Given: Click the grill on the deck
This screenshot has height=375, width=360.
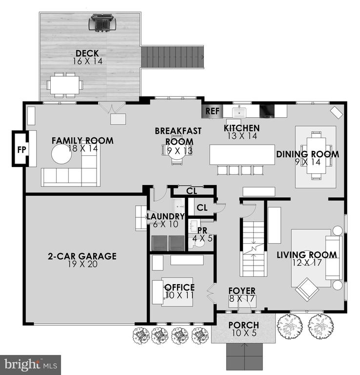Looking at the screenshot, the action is pos(102,23).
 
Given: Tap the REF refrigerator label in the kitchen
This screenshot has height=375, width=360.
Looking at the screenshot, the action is pos(212,111).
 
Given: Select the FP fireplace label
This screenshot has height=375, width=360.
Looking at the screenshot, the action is pos(22,150).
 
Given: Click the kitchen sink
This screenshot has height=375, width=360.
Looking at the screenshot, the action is pos(239,112).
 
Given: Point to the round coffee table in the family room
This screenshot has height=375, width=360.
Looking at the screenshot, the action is pos(61,154).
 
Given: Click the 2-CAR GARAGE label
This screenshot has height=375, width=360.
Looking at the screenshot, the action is pos(82,256).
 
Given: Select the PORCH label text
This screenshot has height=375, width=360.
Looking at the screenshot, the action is pos(244,325).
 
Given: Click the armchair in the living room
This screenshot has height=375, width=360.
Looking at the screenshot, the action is pos(307,289).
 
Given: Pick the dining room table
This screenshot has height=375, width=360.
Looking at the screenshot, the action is pos(316,155).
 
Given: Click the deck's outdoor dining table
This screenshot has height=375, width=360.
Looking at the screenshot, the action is pos(65,85).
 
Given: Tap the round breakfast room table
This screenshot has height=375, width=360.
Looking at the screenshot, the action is pos(177,150).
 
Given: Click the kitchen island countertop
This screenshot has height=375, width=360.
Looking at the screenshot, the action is pos(242,154).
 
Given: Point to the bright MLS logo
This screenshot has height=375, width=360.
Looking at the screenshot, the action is pos(31,365).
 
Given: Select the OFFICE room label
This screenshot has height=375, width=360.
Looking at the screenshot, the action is pos(180,287).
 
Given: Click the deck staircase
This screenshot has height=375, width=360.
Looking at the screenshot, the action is pos(173,57).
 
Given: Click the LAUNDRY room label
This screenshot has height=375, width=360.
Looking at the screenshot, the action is pos(165,216).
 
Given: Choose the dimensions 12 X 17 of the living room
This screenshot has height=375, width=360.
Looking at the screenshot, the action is pos(307,263).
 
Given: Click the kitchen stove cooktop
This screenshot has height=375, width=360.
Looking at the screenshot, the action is pos(267,111).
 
